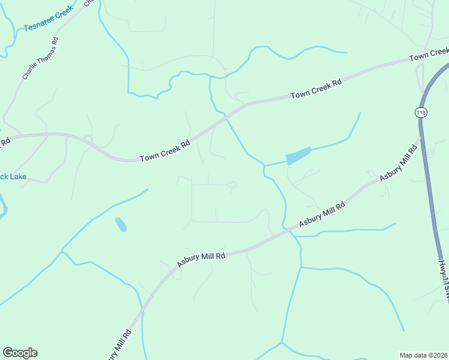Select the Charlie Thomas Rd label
40,59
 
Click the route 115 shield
420,112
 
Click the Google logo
20,353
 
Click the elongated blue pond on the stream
298,156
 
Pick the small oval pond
121,224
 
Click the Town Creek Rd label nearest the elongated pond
316,88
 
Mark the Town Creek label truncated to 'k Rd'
5,143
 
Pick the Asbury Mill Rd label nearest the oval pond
200,259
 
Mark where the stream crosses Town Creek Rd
228,116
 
